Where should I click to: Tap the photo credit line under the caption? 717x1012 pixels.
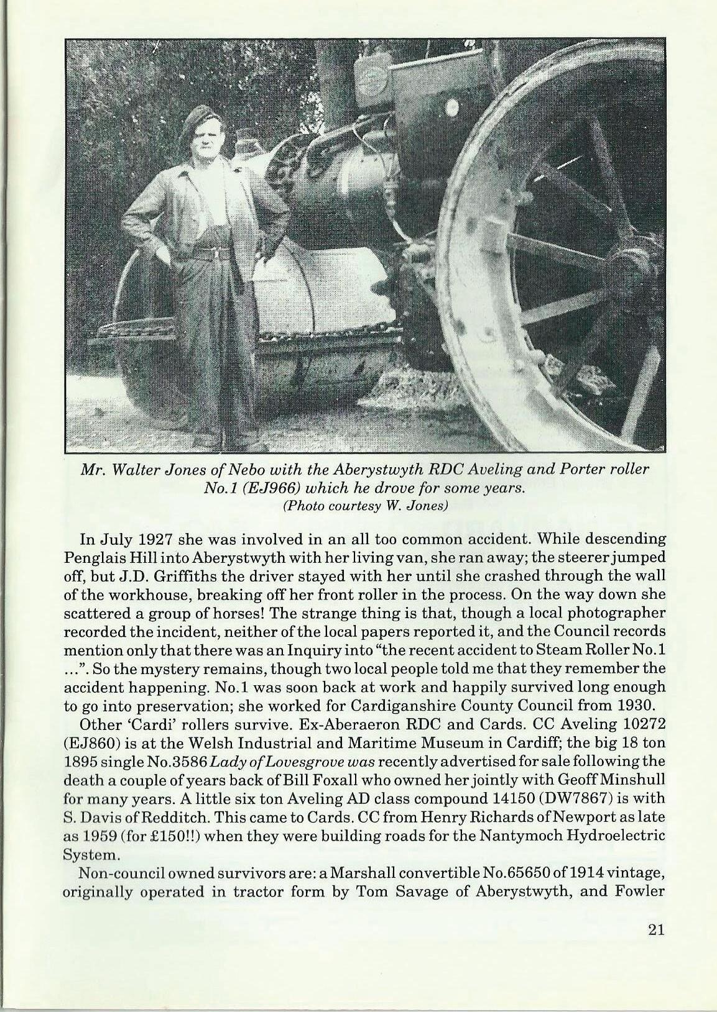(366, 505)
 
